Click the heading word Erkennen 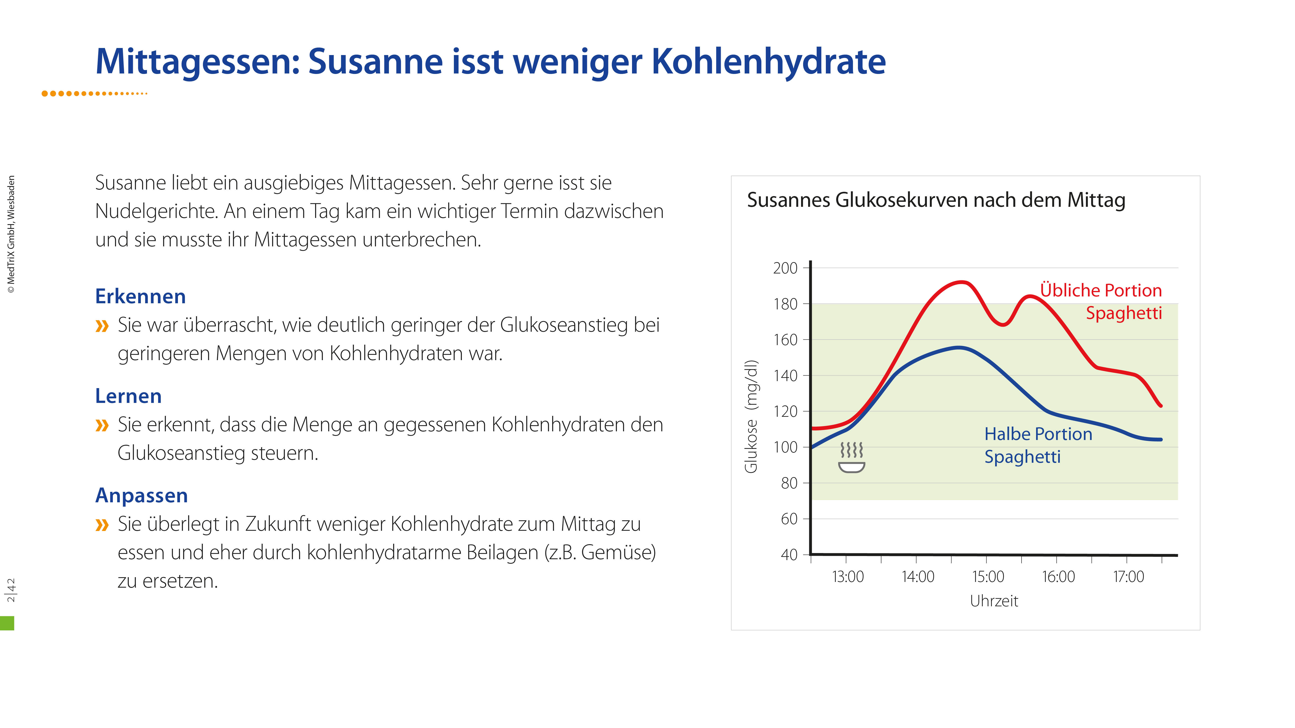coord(140,297)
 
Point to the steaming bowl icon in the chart coord(851,458)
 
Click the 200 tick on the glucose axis coord(785,268)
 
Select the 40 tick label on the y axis coord(789,555)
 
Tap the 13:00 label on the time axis coord(847,577)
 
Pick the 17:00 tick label coord(1128,577)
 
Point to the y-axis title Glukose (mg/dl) coord(751,416)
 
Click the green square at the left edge coord(7,623)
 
